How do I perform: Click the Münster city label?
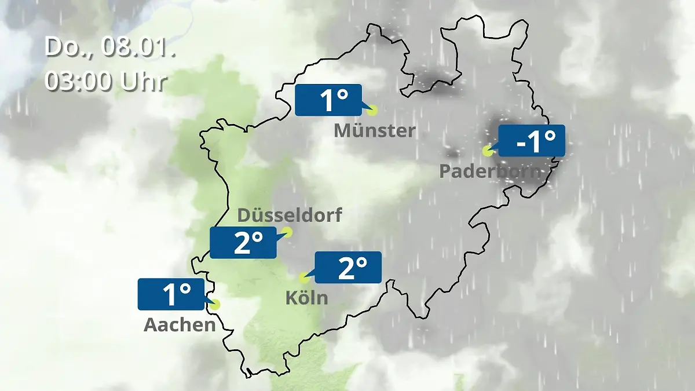click(375, 131)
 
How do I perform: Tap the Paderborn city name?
click(491, 171)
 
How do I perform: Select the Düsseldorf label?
click(290, 216)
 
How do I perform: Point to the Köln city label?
click(306, 298)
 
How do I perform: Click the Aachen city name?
click(180, 325)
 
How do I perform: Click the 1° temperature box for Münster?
click(328, 100)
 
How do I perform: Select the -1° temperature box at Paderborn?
click(531, 140)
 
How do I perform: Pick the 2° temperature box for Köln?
click(348, 268)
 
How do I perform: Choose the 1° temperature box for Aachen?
click(171, 294)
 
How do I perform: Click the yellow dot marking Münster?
click(372, 109)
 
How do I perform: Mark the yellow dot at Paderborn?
click(487, 151)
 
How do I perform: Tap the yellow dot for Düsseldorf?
click(287, 232)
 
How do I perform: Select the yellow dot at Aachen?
click(215, 304)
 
